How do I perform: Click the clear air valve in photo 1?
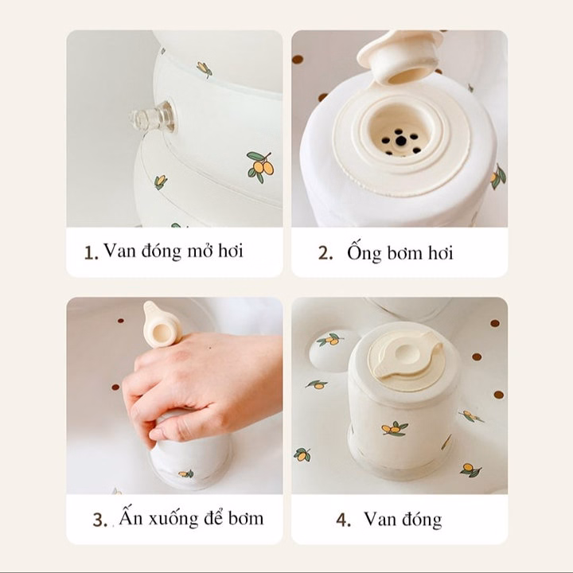(152, 118)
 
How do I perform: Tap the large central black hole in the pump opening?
(401, 139)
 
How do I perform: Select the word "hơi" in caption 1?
(230, 251)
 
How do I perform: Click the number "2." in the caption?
(325, 253)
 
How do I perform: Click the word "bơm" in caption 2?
(403, 253)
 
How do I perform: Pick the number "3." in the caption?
(99, 520)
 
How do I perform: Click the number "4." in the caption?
(343, 520)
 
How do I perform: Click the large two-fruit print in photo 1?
(260, 166)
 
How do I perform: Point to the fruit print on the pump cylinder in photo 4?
(394, 428)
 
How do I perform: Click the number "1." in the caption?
(91, 252)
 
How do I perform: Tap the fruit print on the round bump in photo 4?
(330, 340)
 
